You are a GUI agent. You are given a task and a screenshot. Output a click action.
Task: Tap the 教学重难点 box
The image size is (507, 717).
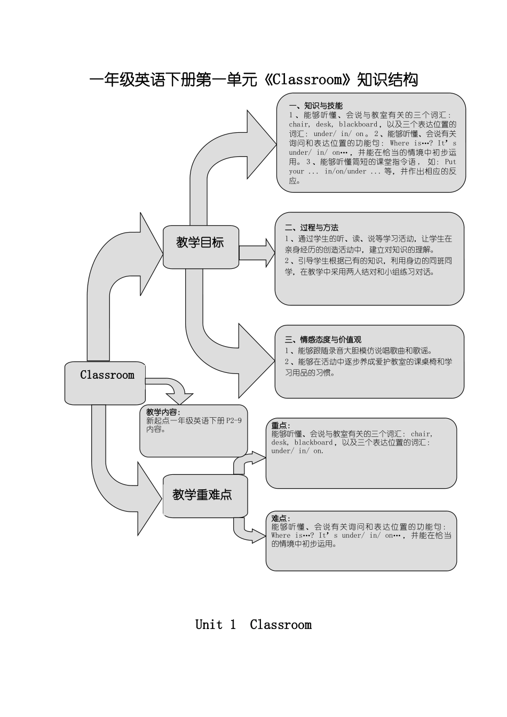202,495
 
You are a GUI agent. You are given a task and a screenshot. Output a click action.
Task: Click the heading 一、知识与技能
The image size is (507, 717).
315,106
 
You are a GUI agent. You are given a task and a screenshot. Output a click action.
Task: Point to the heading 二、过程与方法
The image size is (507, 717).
312,227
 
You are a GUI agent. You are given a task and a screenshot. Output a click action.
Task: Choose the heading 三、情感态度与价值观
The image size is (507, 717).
323,339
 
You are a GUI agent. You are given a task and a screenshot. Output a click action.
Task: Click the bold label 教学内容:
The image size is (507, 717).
163,412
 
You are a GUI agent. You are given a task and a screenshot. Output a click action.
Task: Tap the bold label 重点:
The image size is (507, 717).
281,425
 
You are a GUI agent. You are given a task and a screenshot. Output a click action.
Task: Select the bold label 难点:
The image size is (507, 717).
281,518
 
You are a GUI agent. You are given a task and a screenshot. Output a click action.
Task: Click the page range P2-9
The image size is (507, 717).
234,420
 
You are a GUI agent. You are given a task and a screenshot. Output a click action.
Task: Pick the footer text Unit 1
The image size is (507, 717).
216,625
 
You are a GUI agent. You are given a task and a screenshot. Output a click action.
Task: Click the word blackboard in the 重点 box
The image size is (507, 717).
313,442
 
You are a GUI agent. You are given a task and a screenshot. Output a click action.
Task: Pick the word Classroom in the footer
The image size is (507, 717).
281,625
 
